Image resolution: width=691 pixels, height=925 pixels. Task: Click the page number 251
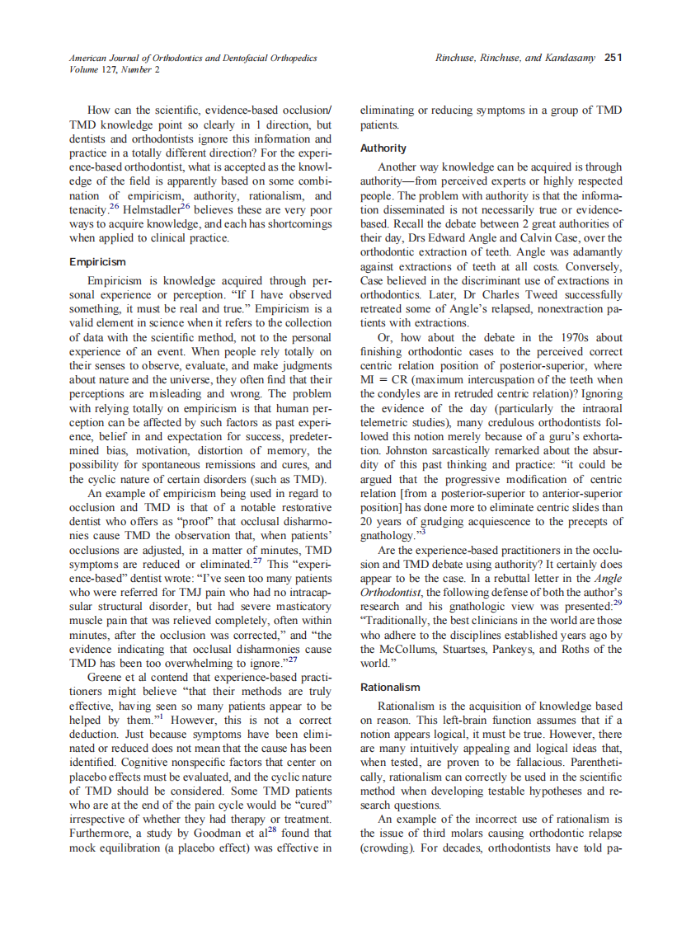(x=613, y=58)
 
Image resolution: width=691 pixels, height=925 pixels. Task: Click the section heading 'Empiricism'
(x=98, y=262)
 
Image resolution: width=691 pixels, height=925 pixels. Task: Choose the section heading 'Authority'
(x=383, y=148)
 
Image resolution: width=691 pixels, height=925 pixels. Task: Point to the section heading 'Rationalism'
(x=390, y=687)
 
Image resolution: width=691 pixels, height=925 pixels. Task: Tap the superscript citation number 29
(x=618, y=603)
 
